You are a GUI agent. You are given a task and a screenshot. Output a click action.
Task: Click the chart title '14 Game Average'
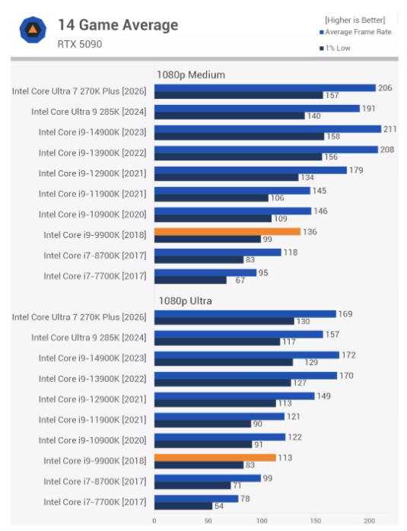coord(118,25)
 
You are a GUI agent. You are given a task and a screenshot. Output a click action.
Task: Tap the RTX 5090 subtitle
coord(80,44)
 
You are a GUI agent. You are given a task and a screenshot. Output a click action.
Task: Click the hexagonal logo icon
coord(33,30)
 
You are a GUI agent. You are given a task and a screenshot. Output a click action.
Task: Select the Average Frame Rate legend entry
coord(355,32)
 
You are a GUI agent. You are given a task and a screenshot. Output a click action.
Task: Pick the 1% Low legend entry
coord(335,48)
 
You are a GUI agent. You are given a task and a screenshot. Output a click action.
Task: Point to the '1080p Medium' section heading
coord(191,75)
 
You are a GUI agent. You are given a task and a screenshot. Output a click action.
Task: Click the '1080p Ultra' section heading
coord(185,300)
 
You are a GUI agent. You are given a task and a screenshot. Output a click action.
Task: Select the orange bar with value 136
coord(227,231)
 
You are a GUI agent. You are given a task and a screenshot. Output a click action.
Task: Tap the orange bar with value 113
coord(215,457)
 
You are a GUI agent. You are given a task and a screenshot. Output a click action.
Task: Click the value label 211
coord(390,129)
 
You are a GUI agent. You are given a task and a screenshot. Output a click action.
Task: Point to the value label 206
coord(385,88)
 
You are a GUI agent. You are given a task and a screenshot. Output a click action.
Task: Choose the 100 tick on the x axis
coord(262,521)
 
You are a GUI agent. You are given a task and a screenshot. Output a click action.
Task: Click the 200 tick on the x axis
coord(369,521)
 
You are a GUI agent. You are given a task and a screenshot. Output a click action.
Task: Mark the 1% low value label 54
coord(219,506)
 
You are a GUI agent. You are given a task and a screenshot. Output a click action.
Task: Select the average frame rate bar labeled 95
coord(205,272)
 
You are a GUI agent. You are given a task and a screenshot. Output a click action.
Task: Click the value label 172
coord(348,355)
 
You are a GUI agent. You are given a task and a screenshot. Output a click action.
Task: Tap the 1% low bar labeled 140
coord(230,116)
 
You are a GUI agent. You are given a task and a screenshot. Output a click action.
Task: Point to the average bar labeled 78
coord(196,498)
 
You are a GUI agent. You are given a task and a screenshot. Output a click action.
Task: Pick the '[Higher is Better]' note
coord(355,21)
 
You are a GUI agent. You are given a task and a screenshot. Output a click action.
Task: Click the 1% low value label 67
coord(240,281)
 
